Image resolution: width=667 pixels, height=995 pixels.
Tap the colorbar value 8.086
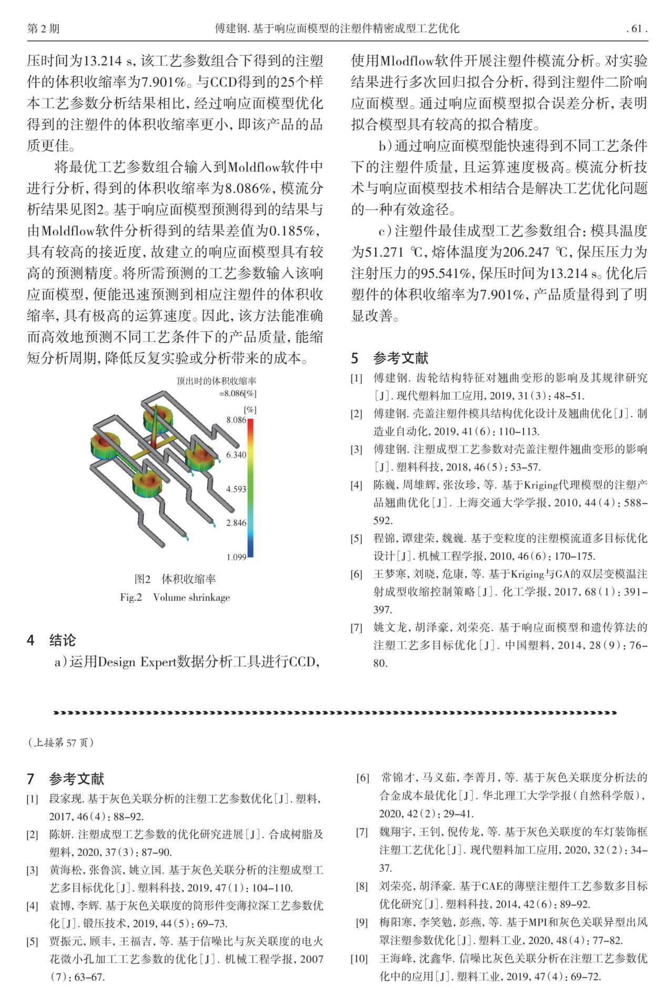(x=236, y=420)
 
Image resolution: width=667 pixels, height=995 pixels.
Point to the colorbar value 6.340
(x=236, y=454)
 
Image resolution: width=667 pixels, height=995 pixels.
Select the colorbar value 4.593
(x=236, y=489)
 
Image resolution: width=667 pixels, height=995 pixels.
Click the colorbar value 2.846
(x=236, y=523)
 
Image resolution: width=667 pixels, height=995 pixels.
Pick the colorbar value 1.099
(x=236, y=557)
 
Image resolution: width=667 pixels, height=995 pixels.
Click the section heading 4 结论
(x=52, y=640)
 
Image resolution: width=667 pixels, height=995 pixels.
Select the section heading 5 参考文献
(x=390, y=359)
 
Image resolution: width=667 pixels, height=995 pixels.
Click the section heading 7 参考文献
(x=66, y=779)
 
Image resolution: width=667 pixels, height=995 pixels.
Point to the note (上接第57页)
(x=60, y=742)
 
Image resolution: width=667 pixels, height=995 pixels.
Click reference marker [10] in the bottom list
(x=359, y=958)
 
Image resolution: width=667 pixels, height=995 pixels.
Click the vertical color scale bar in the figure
(x=250, y=487)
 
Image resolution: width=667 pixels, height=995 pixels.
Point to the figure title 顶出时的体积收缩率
(x=216, y=381)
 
